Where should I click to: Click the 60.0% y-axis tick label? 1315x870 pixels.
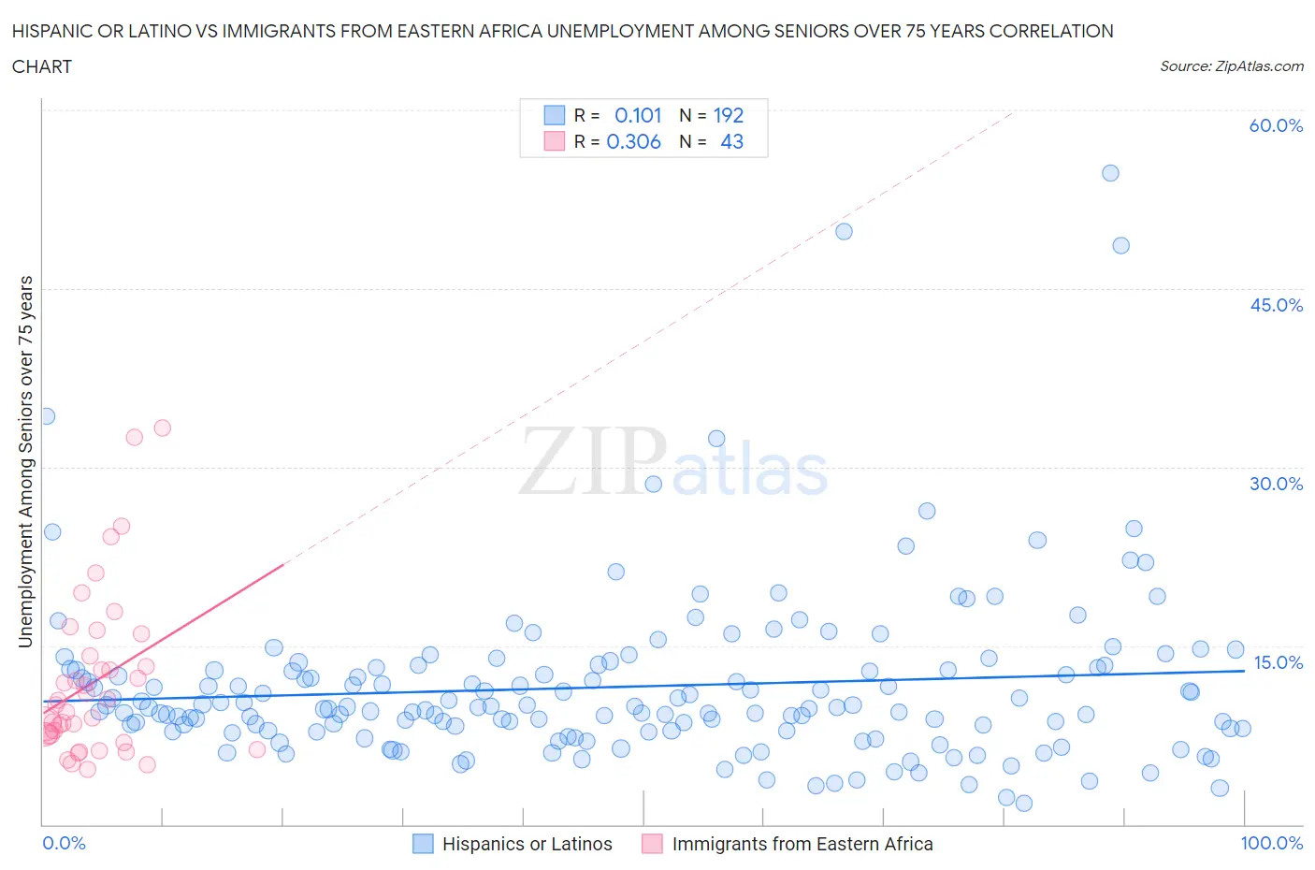(1276, 126)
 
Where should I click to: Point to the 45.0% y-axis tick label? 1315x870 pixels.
(1276, 305)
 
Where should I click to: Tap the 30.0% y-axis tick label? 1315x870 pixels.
(1276, 484)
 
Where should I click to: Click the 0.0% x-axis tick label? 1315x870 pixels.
(64, 843)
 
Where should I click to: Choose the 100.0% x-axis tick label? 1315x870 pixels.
(1271, 843)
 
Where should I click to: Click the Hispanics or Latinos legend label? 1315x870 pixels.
(527, 844)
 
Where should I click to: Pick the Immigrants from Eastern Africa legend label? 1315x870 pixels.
(802, 844)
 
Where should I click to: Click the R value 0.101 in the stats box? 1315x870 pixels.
(638, 115)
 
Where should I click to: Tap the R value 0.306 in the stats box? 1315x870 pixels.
(633, 141)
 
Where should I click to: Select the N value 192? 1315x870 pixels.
(729, 115)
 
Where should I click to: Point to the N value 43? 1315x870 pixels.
(731, 141)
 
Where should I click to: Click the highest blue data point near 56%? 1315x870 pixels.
(1110, 173)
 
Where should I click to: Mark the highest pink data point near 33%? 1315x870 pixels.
(162, 428)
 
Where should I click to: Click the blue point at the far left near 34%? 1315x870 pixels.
(46, 416)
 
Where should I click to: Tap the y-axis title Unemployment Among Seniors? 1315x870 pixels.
(25, 461)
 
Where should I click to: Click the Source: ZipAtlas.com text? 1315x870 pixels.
(1231, 66)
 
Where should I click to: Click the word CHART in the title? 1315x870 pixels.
(42, 66)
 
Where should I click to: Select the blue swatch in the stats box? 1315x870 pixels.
(555, 115)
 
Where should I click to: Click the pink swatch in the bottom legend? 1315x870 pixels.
(652, 844)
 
